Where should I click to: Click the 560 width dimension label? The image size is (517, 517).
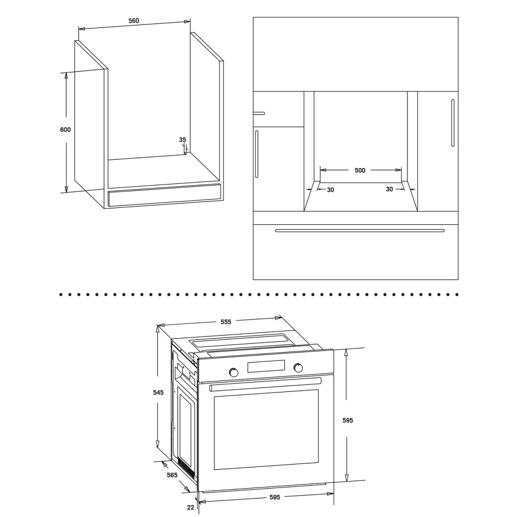tap(133, 21)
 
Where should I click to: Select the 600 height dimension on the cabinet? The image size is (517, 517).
tap(65, 130)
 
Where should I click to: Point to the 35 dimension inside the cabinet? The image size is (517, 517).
tap(183, 140)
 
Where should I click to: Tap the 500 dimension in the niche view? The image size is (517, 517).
tap(360, 170)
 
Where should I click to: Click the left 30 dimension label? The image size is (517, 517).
tap(330, 190)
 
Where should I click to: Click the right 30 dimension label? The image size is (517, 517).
tap(389, 189)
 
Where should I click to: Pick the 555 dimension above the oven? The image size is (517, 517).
tap(226, 322)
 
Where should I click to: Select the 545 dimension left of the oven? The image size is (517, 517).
tap(158, 392)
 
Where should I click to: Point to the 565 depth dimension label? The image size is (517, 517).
tap(172, 475)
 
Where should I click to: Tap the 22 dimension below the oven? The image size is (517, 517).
tap(191, 508)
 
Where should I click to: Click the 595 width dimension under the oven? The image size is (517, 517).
tap(275, 497)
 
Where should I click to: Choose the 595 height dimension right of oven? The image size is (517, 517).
tap(348, 420)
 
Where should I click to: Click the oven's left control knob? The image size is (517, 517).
tap(234, 372)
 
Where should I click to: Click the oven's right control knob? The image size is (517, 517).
tap(298, 368)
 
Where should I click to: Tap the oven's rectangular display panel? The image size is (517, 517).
tap(266, 367)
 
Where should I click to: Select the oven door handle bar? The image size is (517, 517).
tap(265, 385)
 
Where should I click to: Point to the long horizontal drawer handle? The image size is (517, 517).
tap(360, 231)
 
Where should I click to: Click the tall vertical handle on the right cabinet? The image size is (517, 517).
tap(453, 123)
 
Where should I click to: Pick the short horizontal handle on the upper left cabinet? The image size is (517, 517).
tap(259, 113)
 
